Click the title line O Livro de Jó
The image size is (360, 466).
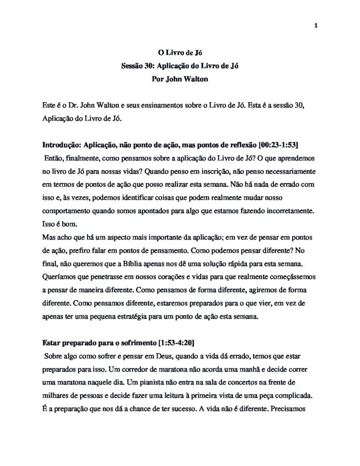[x=180, y=53]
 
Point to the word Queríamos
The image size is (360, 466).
[x=57, y=276]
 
